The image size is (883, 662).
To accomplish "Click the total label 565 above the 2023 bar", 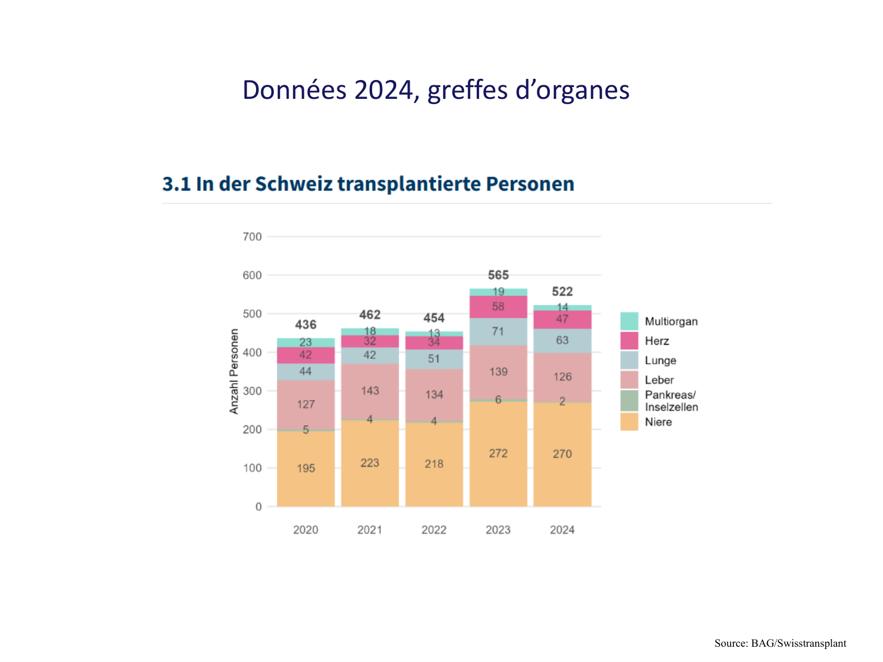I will (498, 275).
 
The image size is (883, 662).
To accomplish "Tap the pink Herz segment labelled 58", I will (498, 307).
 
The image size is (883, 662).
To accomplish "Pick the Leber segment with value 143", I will (370, 391).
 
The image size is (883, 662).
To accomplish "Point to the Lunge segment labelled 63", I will (562, 340).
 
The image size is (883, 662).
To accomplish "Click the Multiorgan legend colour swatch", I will (629, 321).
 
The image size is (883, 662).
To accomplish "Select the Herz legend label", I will (657, 341).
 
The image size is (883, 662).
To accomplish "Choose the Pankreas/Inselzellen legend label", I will (671, 401).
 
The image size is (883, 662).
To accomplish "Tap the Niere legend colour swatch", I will (629, 422).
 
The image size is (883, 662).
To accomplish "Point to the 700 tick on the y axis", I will (252, 237).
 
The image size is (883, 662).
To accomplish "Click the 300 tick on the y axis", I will (252, 391).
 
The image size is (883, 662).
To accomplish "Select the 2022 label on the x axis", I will (434, 530).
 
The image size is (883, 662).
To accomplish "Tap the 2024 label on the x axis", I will (562, 530).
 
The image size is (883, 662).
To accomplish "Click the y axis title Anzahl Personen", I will (234, 371).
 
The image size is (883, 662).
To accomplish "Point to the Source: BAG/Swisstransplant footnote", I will (780, 643).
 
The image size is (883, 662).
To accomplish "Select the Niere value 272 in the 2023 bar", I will (498, 453).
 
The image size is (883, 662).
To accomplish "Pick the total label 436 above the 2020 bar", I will (306, 324).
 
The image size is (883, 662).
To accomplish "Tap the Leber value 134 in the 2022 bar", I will (434, 394).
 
